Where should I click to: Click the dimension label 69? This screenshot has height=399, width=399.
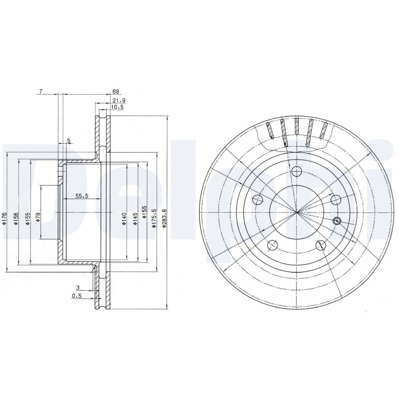pos(116,92)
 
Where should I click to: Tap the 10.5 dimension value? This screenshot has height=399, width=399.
pos(117,107)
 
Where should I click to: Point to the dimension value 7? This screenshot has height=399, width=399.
pos(40,91)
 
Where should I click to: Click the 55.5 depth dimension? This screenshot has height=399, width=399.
pos(82,196)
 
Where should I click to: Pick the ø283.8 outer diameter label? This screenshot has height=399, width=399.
pos(164,218)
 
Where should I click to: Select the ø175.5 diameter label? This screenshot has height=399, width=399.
pos(154,218)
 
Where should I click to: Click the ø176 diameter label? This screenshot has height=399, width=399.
pos(3,218)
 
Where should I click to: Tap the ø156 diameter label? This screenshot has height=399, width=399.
pos(16,218)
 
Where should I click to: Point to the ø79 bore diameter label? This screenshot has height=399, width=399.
pos(38,217)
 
